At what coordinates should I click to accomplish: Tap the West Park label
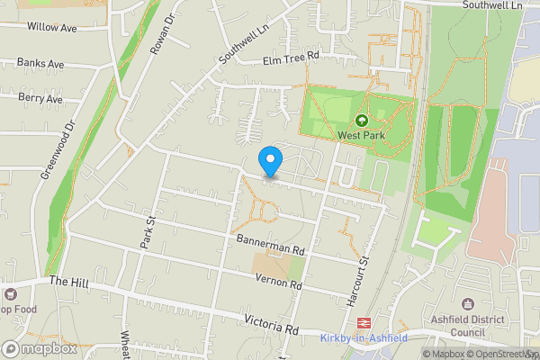362,135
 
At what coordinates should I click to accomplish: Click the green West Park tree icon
362,120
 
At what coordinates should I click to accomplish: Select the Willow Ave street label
51,28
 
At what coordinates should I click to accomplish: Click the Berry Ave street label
40,99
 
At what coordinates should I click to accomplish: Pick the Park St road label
149,229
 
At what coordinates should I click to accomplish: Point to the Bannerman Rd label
271,243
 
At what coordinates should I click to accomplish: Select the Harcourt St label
363,275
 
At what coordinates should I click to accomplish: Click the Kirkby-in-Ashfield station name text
363,338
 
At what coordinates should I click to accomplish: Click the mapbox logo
40,348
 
